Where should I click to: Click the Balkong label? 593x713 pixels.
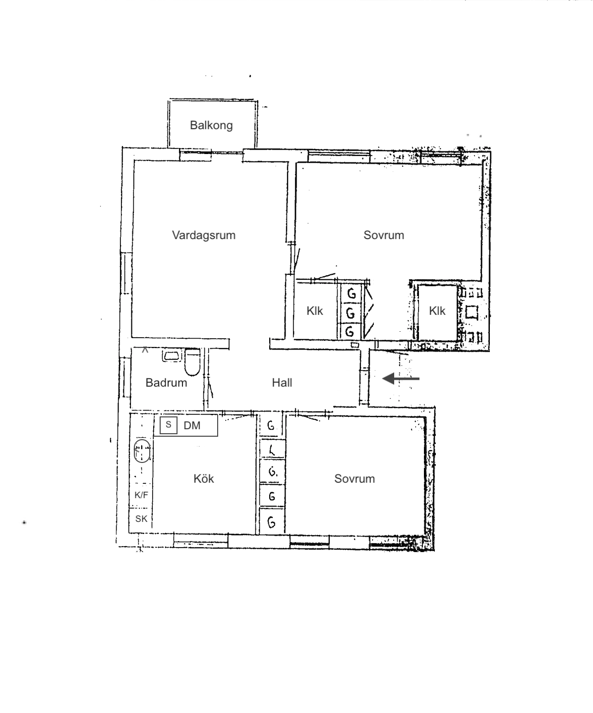tap(211, 125)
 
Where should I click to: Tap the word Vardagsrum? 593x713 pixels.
tap(204, 235)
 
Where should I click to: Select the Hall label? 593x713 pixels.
tap(282, 383)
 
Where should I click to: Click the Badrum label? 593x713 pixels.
tap(166, 383)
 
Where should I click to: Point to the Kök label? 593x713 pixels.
tap(203, 479)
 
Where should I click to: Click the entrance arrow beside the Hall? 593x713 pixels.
tap(401, 379)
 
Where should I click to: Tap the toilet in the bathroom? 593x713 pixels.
tap(192, 362)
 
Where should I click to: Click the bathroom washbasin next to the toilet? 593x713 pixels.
tap(172, 356)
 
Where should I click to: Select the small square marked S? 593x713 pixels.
tap(169, 425)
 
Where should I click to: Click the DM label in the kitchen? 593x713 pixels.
tap(192, 425)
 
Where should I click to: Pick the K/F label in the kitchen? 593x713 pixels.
tap(141, 495)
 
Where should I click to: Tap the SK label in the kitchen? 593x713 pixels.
tap(141, 519)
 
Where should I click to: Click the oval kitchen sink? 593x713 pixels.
tap(142, 451)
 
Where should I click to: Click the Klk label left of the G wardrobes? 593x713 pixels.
tap(315, 311)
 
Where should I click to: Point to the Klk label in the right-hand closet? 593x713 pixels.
tap(437, 311)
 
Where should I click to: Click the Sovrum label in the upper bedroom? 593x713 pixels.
tap(384, 235)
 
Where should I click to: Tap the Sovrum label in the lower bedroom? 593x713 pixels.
tap(355, 479)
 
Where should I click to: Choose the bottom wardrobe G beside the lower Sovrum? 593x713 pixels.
tap(272, 522)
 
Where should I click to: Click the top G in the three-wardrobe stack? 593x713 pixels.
tap(351, 293)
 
